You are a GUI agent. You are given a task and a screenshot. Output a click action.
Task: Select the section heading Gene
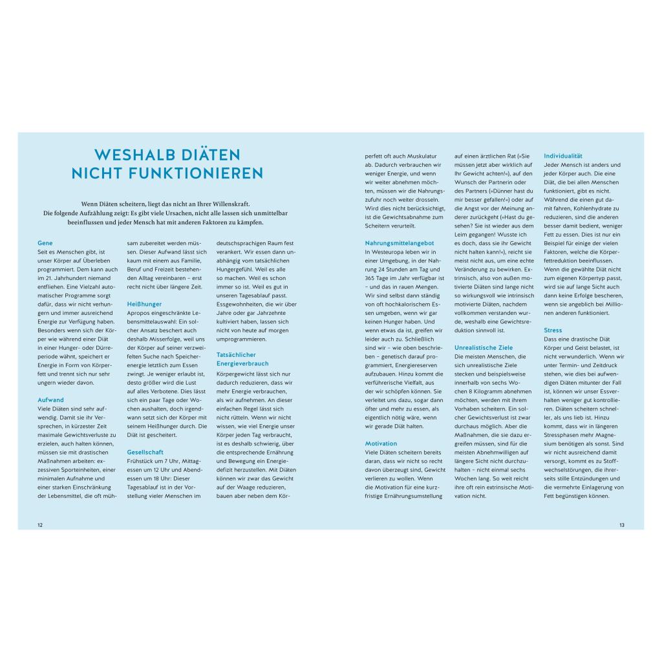tap(45, 243)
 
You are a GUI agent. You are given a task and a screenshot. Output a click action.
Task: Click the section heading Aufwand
tap(50, 400)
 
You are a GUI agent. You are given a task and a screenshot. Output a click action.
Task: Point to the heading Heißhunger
tap(144, 304)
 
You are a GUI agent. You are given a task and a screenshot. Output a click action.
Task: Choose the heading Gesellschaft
tap(145, 452)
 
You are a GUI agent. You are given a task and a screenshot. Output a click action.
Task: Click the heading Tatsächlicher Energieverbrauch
tap(236, 359)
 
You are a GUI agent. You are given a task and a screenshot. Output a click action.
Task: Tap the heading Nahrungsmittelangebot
tap(399, 243)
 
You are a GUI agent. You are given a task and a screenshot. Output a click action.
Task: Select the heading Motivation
tap(381, 443)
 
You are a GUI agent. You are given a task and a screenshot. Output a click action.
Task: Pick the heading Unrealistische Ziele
tap(484, 347)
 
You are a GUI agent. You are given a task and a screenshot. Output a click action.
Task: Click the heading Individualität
tap(564, 156)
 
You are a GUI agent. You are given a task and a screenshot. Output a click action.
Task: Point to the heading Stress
tap(553, 330)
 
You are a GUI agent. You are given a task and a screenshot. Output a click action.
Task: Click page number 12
tap(40, 525)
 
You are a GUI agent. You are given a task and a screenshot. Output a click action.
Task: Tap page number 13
tap(622, 525)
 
